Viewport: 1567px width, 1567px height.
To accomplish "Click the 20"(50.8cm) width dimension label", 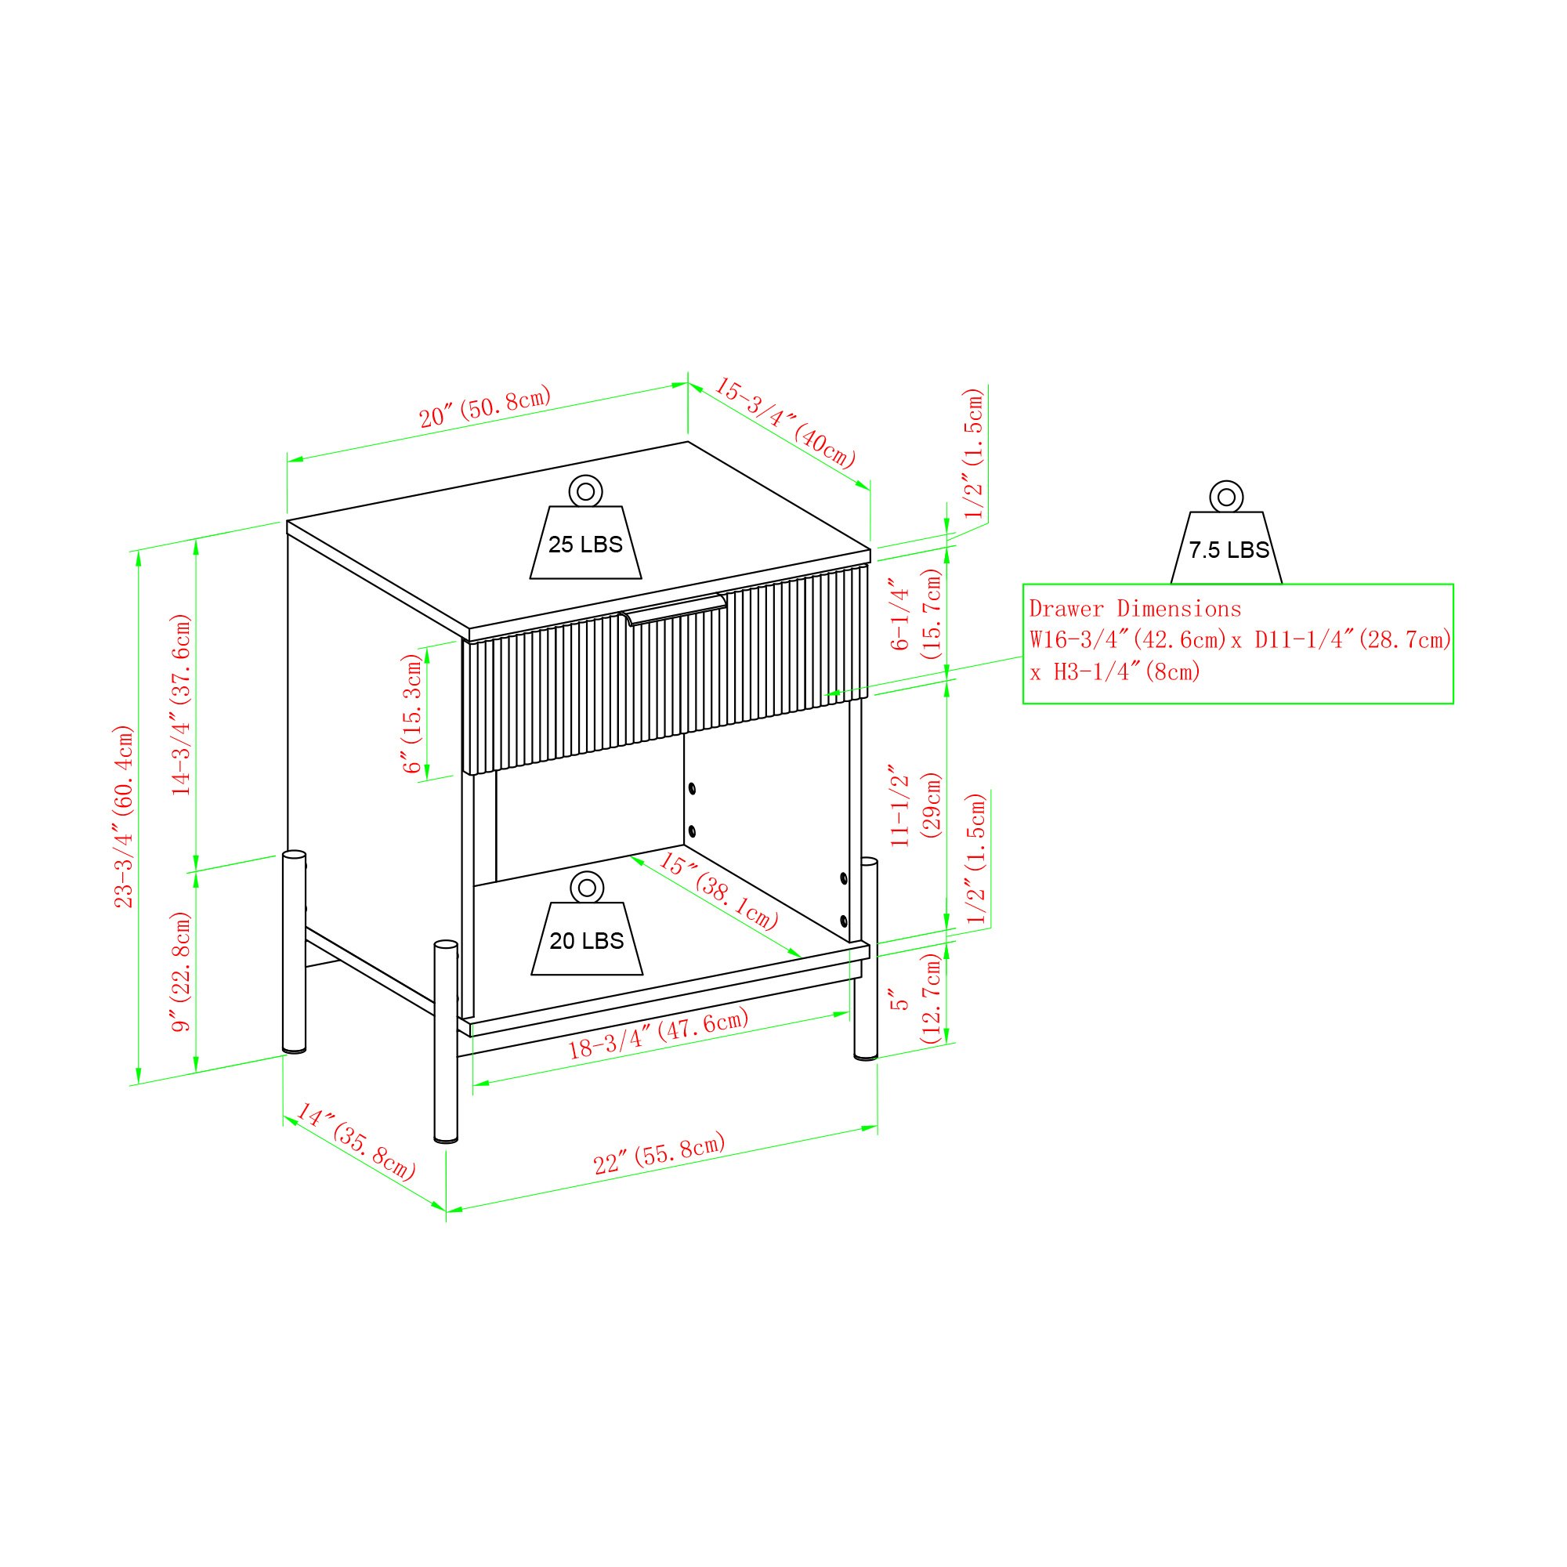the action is coord(485,407).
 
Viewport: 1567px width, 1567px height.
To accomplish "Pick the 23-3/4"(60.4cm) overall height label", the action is coord(123,816).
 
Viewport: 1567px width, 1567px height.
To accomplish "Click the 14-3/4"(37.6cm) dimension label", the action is coord(181,704).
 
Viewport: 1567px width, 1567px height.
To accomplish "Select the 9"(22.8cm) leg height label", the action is coord(181,972).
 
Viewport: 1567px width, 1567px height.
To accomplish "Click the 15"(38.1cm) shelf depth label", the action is coord(718,891).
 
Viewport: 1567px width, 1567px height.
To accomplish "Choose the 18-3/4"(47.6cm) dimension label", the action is coord(658,1033).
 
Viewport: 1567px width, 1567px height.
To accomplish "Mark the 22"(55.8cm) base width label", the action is coord(660,1154).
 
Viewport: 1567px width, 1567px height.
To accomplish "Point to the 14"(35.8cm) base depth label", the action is coord(355,1142).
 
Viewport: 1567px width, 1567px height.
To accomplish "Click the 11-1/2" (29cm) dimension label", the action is coord(916,805).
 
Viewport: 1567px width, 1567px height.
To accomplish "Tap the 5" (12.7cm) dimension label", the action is coord(916,998).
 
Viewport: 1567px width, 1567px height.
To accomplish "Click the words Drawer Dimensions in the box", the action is coord(1135,609).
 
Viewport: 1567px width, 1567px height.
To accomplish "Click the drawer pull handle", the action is coord(674,608).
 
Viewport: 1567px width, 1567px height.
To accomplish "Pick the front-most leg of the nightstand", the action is coord(446,1041).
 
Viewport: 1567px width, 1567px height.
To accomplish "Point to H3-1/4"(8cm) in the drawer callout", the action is coord(1127,671).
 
